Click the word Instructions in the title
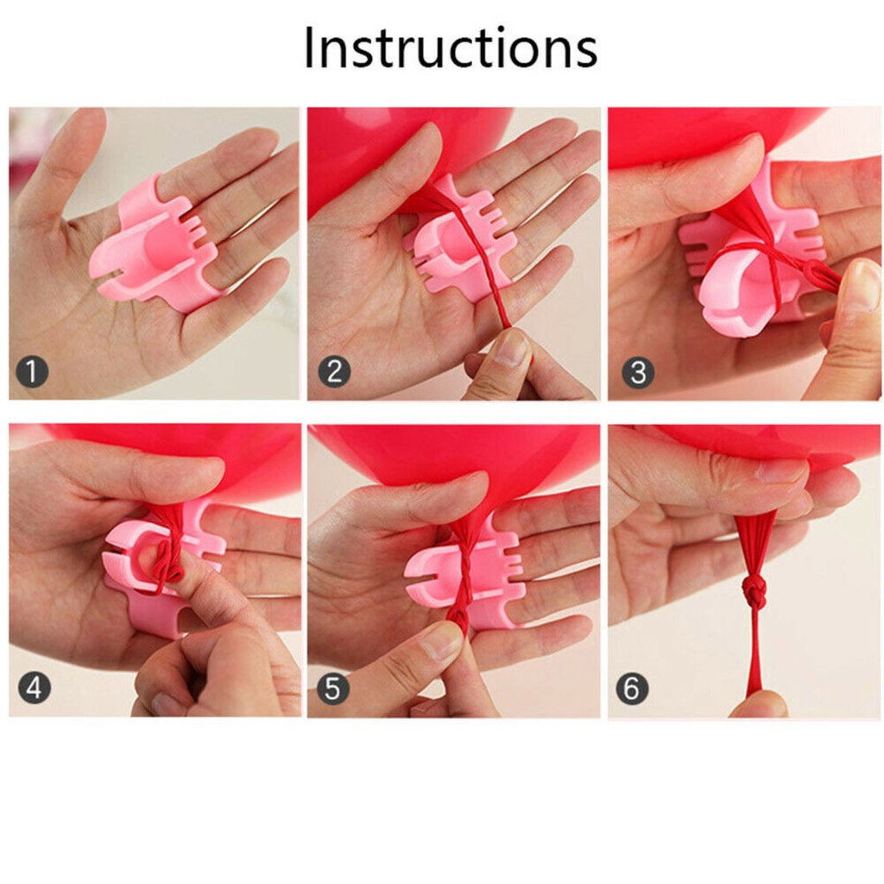(450, 47)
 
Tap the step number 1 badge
(32, 371)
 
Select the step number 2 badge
(334, 371)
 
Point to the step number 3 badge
(638, 372)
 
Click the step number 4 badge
(35, 687)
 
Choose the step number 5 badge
(333, 688)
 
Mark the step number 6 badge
(632, 688)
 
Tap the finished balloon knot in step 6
(752, 592)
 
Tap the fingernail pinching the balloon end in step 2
(512, 348)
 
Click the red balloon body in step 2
(389, 152)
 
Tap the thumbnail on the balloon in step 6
(780, 470)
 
